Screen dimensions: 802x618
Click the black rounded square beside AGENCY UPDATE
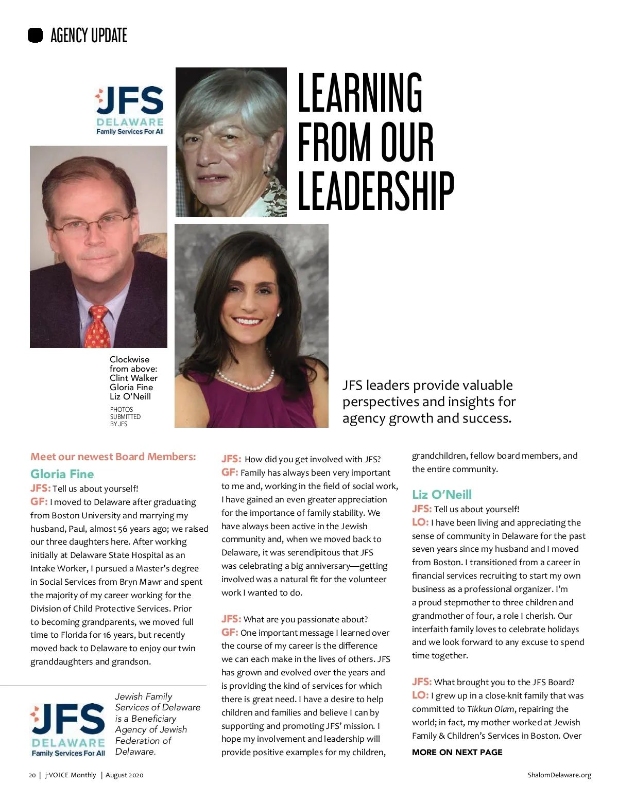click(x=35, y=35)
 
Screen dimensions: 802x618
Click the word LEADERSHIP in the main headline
click(x=376, y=191)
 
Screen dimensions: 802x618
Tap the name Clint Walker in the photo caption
click(x=133, y=378)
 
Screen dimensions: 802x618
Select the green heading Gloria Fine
click(x=62, y=474)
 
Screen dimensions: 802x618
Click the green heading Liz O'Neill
click(x=441, y=495)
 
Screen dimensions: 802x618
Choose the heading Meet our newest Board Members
click(x=113, y=457)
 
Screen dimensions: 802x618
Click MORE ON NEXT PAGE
click(x=457, y=752)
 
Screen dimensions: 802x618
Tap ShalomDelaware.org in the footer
click(x=559, y=775)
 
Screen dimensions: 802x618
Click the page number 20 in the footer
click(x=32, y=775)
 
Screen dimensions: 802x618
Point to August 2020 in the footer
click(x=124, y=775)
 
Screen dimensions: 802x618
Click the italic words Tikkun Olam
click(x=490, y=709)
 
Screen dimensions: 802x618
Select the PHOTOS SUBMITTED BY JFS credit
click(x=125, y=417)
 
